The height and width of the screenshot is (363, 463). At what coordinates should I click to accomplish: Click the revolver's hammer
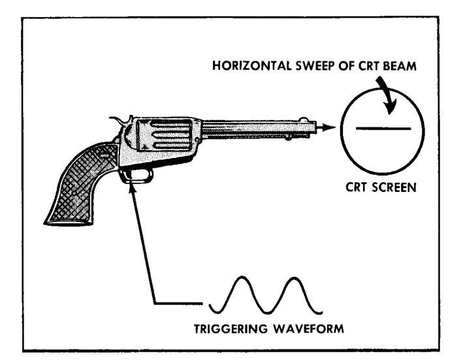(x=118, y=121)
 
